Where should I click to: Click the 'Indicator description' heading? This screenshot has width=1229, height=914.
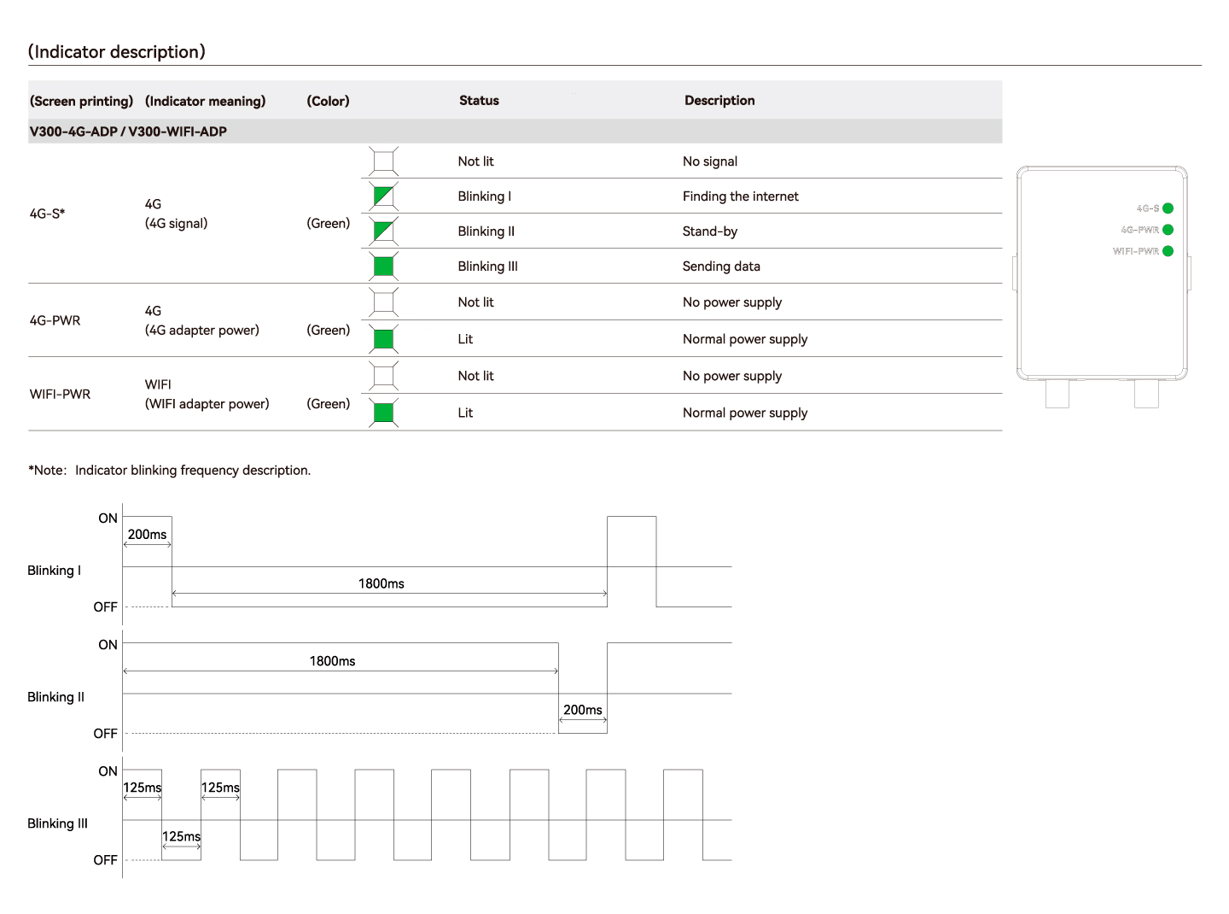(x=117, y=52)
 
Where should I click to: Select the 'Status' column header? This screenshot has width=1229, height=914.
(x=479, y=101)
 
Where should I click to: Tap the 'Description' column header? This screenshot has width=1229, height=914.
(x=719, y=101)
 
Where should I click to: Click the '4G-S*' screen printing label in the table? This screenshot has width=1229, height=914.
(x=48, y=214)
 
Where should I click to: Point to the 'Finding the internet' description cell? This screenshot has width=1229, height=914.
(x=740, y=196)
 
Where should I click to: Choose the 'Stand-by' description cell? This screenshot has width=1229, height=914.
(x=709, y=231)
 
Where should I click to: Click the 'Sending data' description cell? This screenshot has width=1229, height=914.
(x=721, y=267)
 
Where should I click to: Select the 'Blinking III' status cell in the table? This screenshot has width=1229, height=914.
(x=487, y=267)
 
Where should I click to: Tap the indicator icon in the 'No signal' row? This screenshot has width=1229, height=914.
(x=383, y=161)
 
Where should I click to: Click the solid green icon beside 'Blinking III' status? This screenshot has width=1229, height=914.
(x=383, y=267)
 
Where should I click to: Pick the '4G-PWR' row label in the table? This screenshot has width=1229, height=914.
(x=55, y=321)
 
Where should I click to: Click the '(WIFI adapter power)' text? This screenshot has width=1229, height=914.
(x=207, y=404)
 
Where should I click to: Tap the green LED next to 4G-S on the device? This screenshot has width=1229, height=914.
(x=1168, y=208)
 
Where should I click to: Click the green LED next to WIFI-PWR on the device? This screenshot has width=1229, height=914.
(x=1168, y=251)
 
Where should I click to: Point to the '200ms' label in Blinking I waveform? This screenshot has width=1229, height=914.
(x=147, y=535)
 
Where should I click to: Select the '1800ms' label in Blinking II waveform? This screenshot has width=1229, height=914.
(x=332, y=661)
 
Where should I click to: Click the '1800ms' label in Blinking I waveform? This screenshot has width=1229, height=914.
(x=381, y=584)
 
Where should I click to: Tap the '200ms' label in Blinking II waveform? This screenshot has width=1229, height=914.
(x=582, y=710)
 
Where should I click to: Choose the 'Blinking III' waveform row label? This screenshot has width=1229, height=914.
(x=57, y=823)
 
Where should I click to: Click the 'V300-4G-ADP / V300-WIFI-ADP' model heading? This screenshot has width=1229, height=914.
(x=128, y=132)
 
